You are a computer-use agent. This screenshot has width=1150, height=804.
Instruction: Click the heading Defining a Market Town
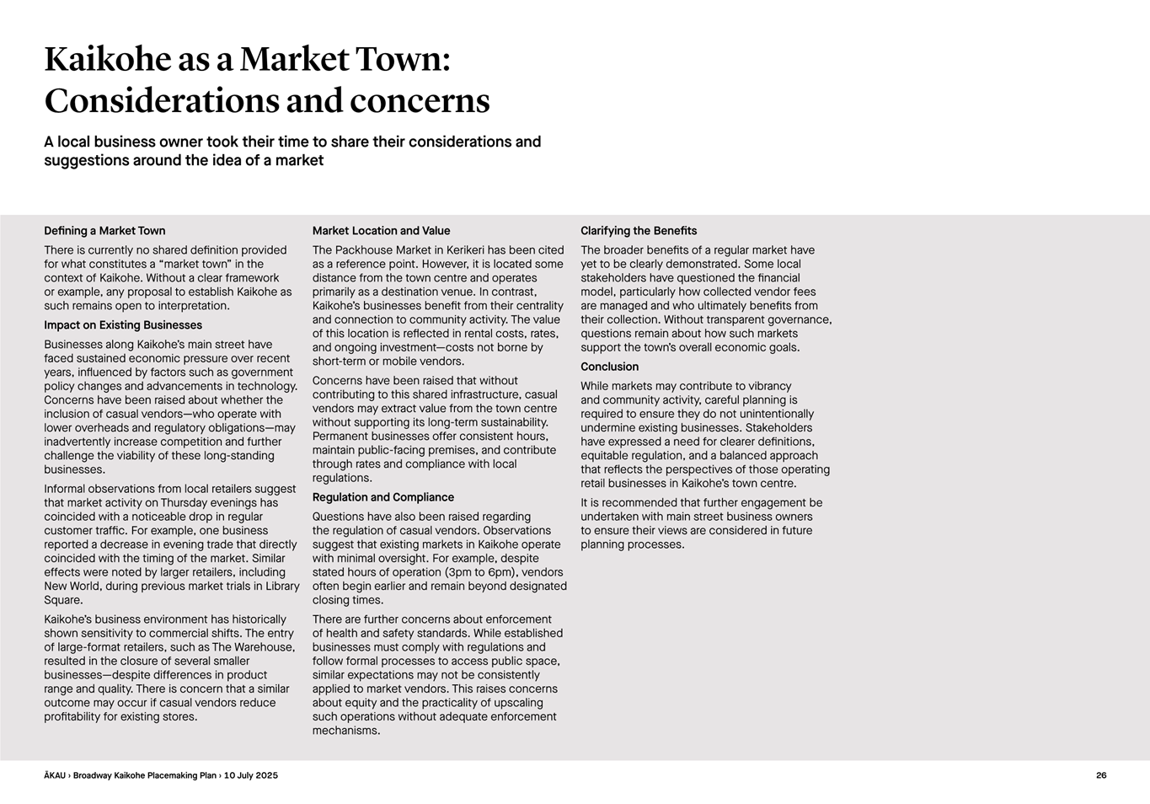(x=104, y=231)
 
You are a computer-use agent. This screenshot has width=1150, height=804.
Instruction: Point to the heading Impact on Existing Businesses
(x=123, y=325)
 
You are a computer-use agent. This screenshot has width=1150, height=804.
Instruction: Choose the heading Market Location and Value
(x=381, y=231)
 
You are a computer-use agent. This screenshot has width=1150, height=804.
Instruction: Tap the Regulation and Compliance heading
(x=382, y=497)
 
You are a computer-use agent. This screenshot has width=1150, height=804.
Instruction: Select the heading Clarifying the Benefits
(x=639, y=231)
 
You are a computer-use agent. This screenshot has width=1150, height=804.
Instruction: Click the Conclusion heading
(x=609, y=367)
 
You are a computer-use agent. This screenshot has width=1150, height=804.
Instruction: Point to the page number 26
(x=1101, y=775)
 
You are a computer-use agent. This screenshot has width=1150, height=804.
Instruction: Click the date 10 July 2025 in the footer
(x=250, y=775)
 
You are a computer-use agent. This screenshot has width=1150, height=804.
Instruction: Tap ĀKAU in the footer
(x=55, y=775)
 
